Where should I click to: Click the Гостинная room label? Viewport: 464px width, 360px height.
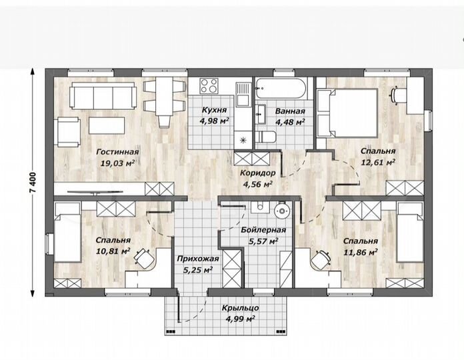pyautogui.click(x=117, y=152)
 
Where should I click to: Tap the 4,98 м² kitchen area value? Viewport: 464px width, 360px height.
pyautogui.click(x=215, y=121)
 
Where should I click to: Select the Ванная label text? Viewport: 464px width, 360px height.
pyautogui.click(x=290, y=111)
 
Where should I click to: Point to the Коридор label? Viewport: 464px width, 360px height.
pyautogui.click(x=258, y=173)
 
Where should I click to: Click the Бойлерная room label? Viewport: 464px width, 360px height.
pyautogui.click(x=263, y=230)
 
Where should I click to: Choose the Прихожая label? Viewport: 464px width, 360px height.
pyautogui.click(x=198, y=259)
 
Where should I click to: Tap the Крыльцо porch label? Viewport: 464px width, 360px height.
pyautogui.click(x=241, y=308)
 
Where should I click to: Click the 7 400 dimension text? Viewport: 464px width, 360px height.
pyautogui.click(x=33, y=183)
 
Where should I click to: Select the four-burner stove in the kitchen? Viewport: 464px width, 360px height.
pyautogui.click(x=209, y=86)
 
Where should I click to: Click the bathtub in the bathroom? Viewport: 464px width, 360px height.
pyautogui.click(x=281, y=88)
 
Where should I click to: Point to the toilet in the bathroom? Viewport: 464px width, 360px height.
pyautogui.click(x=265, y=137)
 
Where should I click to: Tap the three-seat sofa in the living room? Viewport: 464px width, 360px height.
pyautogui.click(x=103, y=96)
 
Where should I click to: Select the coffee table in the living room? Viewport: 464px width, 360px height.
pyautogui.click(x=107, y=125)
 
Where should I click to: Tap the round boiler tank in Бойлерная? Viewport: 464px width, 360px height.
pyautogui.click(x=283, y=211)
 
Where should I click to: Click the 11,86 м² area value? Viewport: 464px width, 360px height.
pyautogui.click(x=361, y=252)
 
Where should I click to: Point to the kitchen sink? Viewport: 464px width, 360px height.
pyautogui.click(x=243, y=95)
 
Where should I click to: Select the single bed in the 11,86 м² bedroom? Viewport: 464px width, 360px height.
pyautogui.click(x=410, y=232)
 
